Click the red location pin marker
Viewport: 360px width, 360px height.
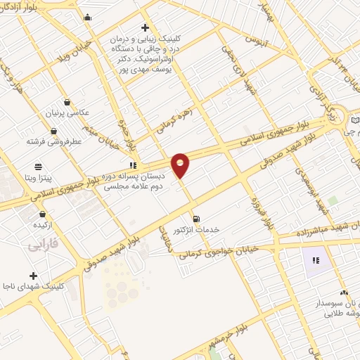pos(181,164)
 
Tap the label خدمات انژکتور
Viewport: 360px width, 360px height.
pos(197,229)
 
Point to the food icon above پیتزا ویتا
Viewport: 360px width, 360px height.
pos(38,167)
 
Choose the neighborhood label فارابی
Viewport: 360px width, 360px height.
pos(43,246)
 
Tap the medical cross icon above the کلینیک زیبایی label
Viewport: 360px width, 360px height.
pos(145,27)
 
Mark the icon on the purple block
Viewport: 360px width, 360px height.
pos(316,260)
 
